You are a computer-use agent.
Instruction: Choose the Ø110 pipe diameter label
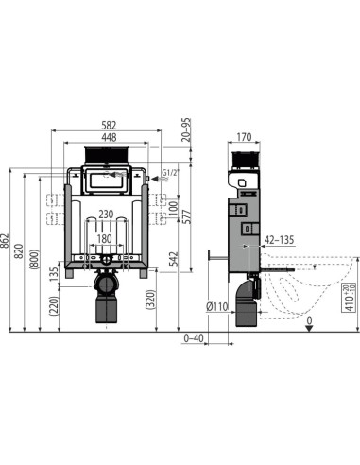[219, 304]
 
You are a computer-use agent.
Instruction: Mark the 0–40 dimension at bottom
[195, 336]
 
